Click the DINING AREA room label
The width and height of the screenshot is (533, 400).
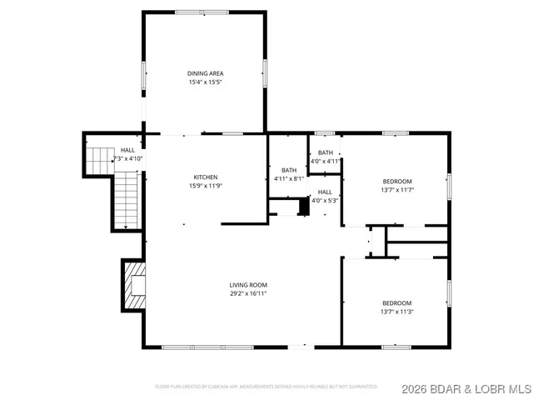(x=205, y=73)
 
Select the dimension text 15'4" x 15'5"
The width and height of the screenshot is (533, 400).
(x=205, y=82)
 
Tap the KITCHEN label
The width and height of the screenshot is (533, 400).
(x=206, y=177)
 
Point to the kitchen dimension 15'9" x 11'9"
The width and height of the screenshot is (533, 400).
(x=206, y=186)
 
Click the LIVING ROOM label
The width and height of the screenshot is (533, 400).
(x=248, y=285)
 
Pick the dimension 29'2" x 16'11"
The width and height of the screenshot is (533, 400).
(x=248, y=293)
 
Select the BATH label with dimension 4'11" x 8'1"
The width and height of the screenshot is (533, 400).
(x=289, y=170)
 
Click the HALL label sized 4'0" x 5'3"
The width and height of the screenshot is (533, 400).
(x=325, y=192)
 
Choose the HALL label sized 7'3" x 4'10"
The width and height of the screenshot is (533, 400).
(x=127, y=150)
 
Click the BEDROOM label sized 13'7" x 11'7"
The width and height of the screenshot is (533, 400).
(x=396, y=182)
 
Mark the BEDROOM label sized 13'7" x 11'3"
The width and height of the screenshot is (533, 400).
(x=396, y=303)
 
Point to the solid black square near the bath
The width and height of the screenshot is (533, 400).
(x=304, y=207)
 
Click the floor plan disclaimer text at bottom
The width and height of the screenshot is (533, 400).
(x=266, y=387)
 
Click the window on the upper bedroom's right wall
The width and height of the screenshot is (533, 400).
(x=449, y=187)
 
